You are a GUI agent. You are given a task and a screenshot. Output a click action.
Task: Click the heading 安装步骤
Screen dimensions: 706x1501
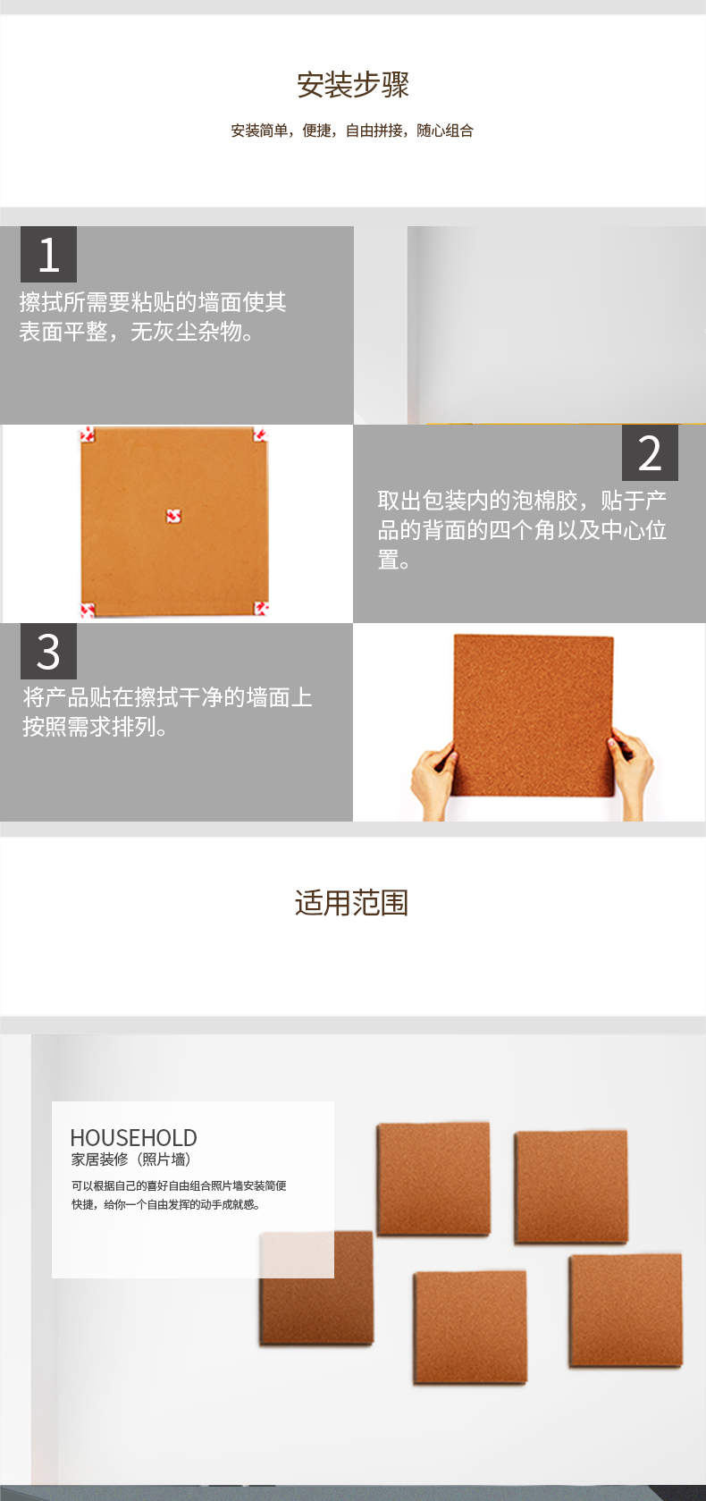point(353,85)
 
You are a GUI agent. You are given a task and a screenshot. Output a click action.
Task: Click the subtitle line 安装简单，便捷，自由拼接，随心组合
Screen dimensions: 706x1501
point(352,131)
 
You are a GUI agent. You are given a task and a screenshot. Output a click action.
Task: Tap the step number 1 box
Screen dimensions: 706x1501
point(48,254)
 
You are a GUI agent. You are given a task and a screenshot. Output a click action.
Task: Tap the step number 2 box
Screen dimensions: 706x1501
point(650,452)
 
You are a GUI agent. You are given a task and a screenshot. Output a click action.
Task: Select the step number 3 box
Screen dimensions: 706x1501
point(48,652)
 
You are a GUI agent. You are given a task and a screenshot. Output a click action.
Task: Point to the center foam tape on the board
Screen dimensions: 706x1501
point(173,515)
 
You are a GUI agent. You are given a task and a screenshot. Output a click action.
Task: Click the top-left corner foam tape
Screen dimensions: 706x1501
point(88,434)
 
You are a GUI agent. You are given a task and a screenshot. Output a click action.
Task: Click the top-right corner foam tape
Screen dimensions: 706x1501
point(261,434)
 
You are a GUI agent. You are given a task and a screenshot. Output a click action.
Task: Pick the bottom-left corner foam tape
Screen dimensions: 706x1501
point(88,610)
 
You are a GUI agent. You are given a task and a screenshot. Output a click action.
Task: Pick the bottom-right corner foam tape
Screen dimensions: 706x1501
point(261,609)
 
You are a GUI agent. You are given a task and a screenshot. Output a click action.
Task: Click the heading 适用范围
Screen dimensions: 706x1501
point(352,903)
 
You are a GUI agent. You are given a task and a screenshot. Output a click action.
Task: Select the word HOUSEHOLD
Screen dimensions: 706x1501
point(133,1138)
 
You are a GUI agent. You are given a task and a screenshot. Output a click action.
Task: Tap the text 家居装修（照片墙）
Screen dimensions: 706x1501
point(131,1159)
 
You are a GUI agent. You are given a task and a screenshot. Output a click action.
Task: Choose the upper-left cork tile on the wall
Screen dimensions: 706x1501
point(433,1179)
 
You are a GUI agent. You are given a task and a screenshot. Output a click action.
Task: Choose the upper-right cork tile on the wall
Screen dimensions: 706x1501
point(571,1186)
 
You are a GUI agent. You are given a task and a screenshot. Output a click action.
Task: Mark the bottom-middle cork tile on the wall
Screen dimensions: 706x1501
point(470,1328)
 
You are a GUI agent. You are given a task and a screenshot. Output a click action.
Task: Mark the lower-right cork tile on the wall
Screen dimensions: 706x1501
point(626,1311)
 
